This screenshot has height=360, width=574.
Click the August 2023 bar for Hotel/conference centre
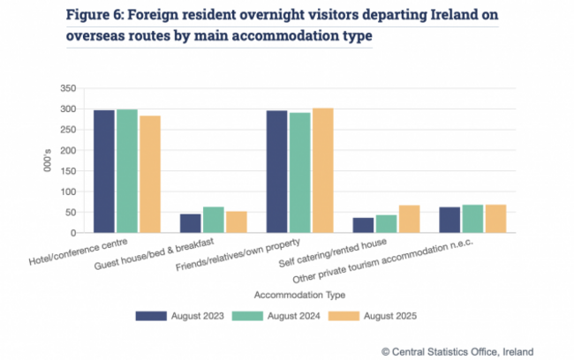pos(104,172)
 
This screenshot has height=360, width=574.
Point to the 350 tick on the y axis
pos(68,89)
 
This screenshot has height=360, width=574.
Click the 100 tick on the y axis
pos(68,192)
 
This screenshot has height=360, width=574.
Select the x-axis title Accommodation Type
pos(298,295)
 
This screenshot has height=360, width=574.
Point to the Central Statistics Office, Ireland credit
pos(463,350)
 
